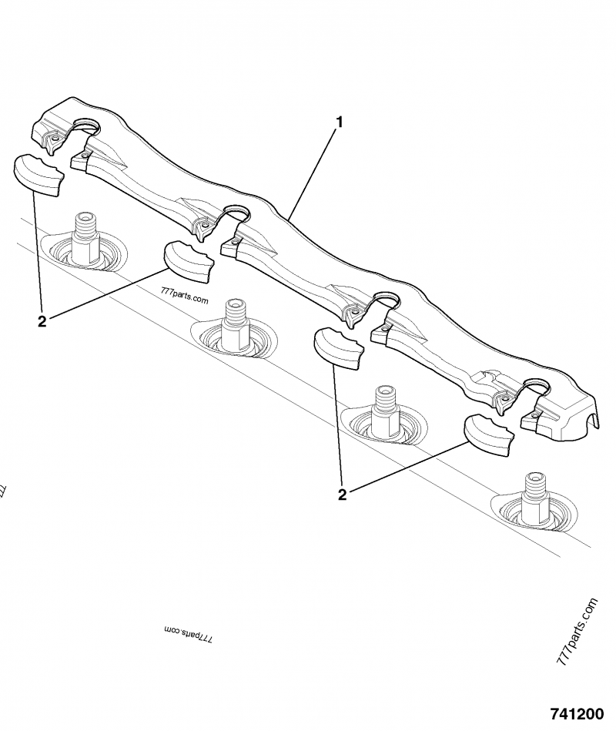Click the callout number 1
pyautogui.click(x=340, y=122)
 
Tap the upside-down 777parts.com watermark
pyautogui.click(x=188, y=634)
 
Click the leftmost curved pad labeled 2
pyautogui.click(x=39, y=175)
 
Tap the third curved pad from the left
pyautogui.click(x=340, y=347)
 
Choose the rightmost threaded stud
pyautogui.click(x=534, y=494)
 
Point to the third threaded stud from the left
pyautogui.click(x=383, y=407)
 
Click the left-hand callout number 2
pyautogui.click(x=42, y=321)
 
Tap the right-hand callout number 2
pyautogui.click(x=341, y=494)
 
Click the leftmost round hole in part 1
pyautogui.click(x=86, y=124)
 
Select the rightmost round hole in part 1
pyautogui.click(x=537, y=383)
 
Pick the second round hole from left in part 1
pyautogui.click(x=236, y=213)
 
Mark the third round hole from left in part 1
pyautogui.click(x=386, y=299)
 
